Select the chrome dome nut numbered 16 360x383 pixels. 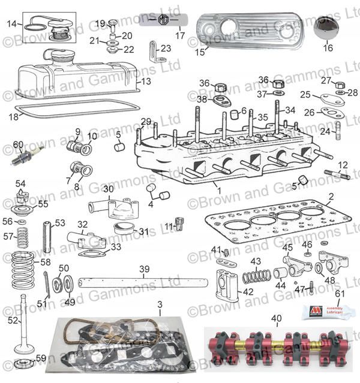click(x=328, y=30)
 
